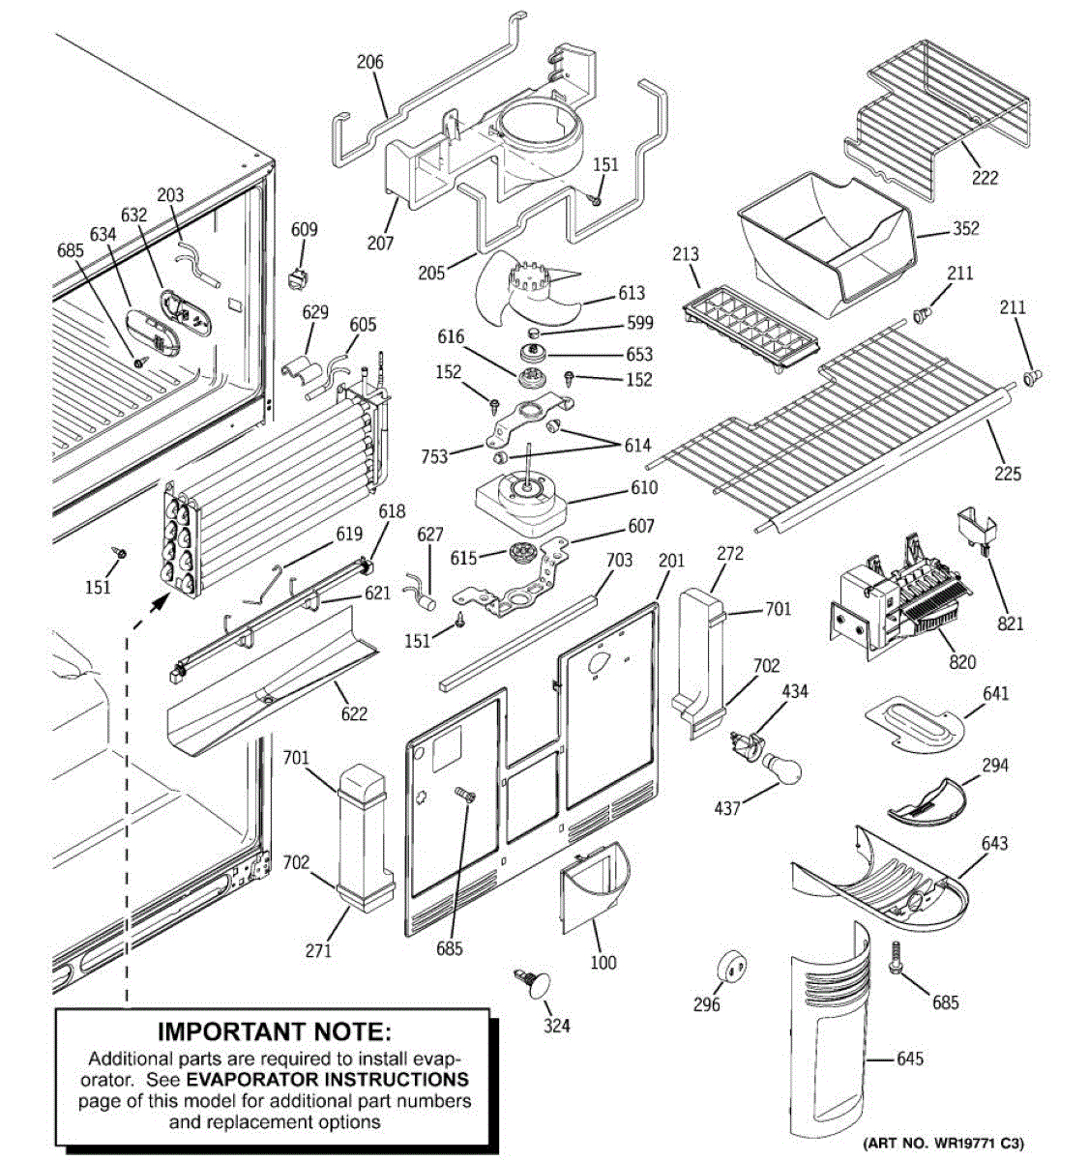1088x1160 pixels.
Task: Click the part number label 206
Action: [369, 63]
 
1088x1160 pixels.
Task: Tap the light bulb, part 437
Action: [781, 769]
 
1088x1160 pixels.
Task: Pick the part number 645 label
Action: [910, 1058]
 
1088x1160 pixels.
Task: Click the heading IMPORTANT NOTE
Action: [275, 1032]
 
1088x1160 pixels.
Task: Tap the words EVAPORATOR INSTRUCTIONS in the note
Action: [327, 1079]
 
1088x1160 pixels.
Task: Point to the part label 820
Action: [962, 662]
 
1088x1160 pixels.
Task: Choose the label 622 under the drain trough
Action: [354, 713]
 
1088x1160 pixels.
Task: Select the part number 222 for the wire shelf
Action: [985, 178]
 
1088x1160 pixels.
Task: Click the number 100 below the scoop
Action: [603, 962]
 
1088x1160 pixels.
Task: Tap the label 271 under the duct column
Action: [318, 950]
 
